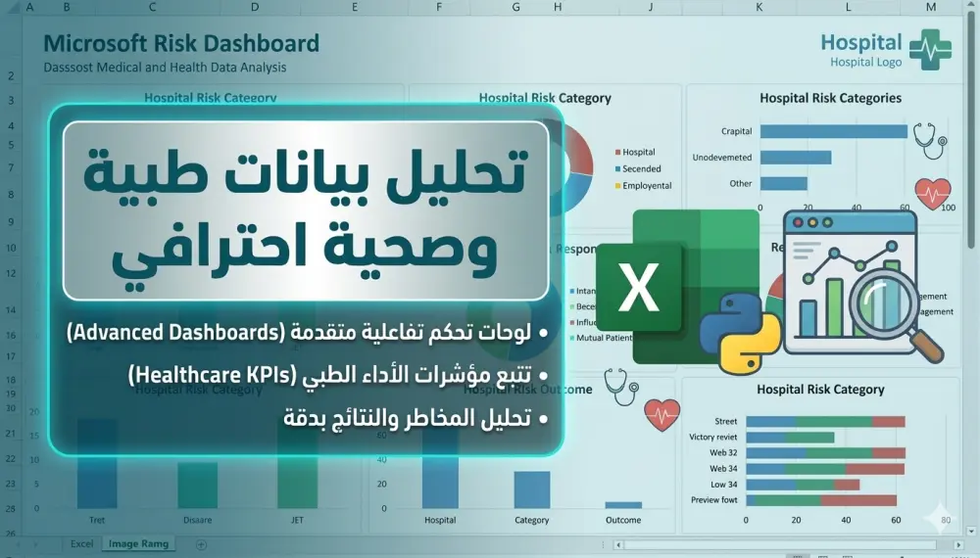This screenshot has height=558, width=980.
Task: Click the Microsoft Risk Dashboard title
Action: click(181, 44)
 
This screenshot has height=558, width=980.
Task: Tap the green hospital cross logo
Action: click(930, 49)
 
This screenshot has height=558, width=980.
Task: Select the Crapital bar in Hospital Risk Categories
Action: click(833, 131)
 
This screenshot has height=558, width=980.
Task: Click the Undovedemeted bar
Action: click(795, 158)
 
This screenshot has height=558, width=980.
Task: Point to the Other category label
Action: click(740, 183)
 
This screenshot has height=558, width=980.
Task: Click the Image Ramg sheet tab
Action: click(138, 543)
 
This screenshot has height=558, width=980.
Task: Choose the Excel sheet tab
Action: click(82, 543)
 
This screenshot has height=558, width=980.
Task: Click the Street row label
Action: click(725, 422)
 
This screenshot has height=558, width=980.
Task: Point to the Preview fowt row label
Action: click(713, 500)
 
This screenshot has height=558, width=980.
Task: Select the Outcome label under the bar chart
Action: click(623, 520)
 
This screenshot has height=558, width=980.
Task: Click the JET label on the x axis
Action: click(297, 520)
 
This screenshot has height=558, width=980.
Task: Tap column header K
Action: click(759, 8)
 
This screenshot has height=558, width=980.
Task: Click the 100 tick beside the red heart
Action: click(948, 208)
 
